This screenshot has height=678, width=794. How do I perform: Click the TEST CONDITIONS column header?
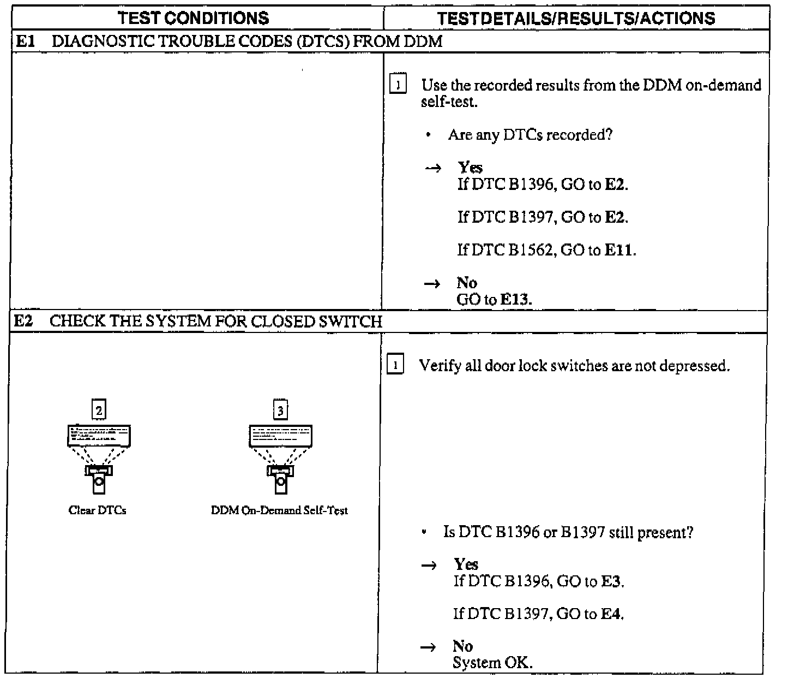tap(194, 18)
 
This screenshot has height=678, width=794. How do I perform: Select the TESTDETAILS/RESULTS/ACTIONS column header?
tap(576, 18)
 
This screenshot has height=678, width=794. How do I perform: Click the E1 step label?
tap(25, 41)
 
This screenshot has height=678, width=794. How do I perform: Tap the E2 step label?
tap(23, 321)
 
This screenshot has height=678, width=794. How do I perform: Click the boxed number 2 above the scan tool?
tap(99, 410)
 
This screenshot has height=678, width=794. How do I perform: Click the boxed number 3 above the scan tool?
tap(280, 410)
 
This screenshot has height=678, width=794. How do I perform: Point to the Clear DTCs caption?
tap(98, 510)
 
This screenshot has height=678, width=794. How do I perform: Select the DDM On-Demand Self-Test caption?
tap(279, 510)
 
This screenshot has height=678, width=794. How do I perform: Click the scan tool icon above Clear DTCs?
tap(99, 459)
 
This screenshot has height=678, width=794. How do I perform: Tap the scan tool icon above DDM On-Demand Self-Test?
tap(280, 459)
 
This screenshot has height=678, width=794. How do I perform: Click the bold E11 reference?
tap(619, 250)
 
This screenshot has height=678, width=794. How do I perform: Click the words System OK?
tap(492, 663)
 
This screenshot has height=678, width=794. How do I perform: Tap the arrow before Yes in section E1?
tap(432, 169)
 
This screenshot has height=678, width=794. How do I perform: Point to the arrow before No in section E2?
tap(429, 647)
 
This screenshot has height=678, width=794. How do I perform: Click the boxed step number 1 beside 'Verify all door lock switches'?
tap(395, 365)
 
